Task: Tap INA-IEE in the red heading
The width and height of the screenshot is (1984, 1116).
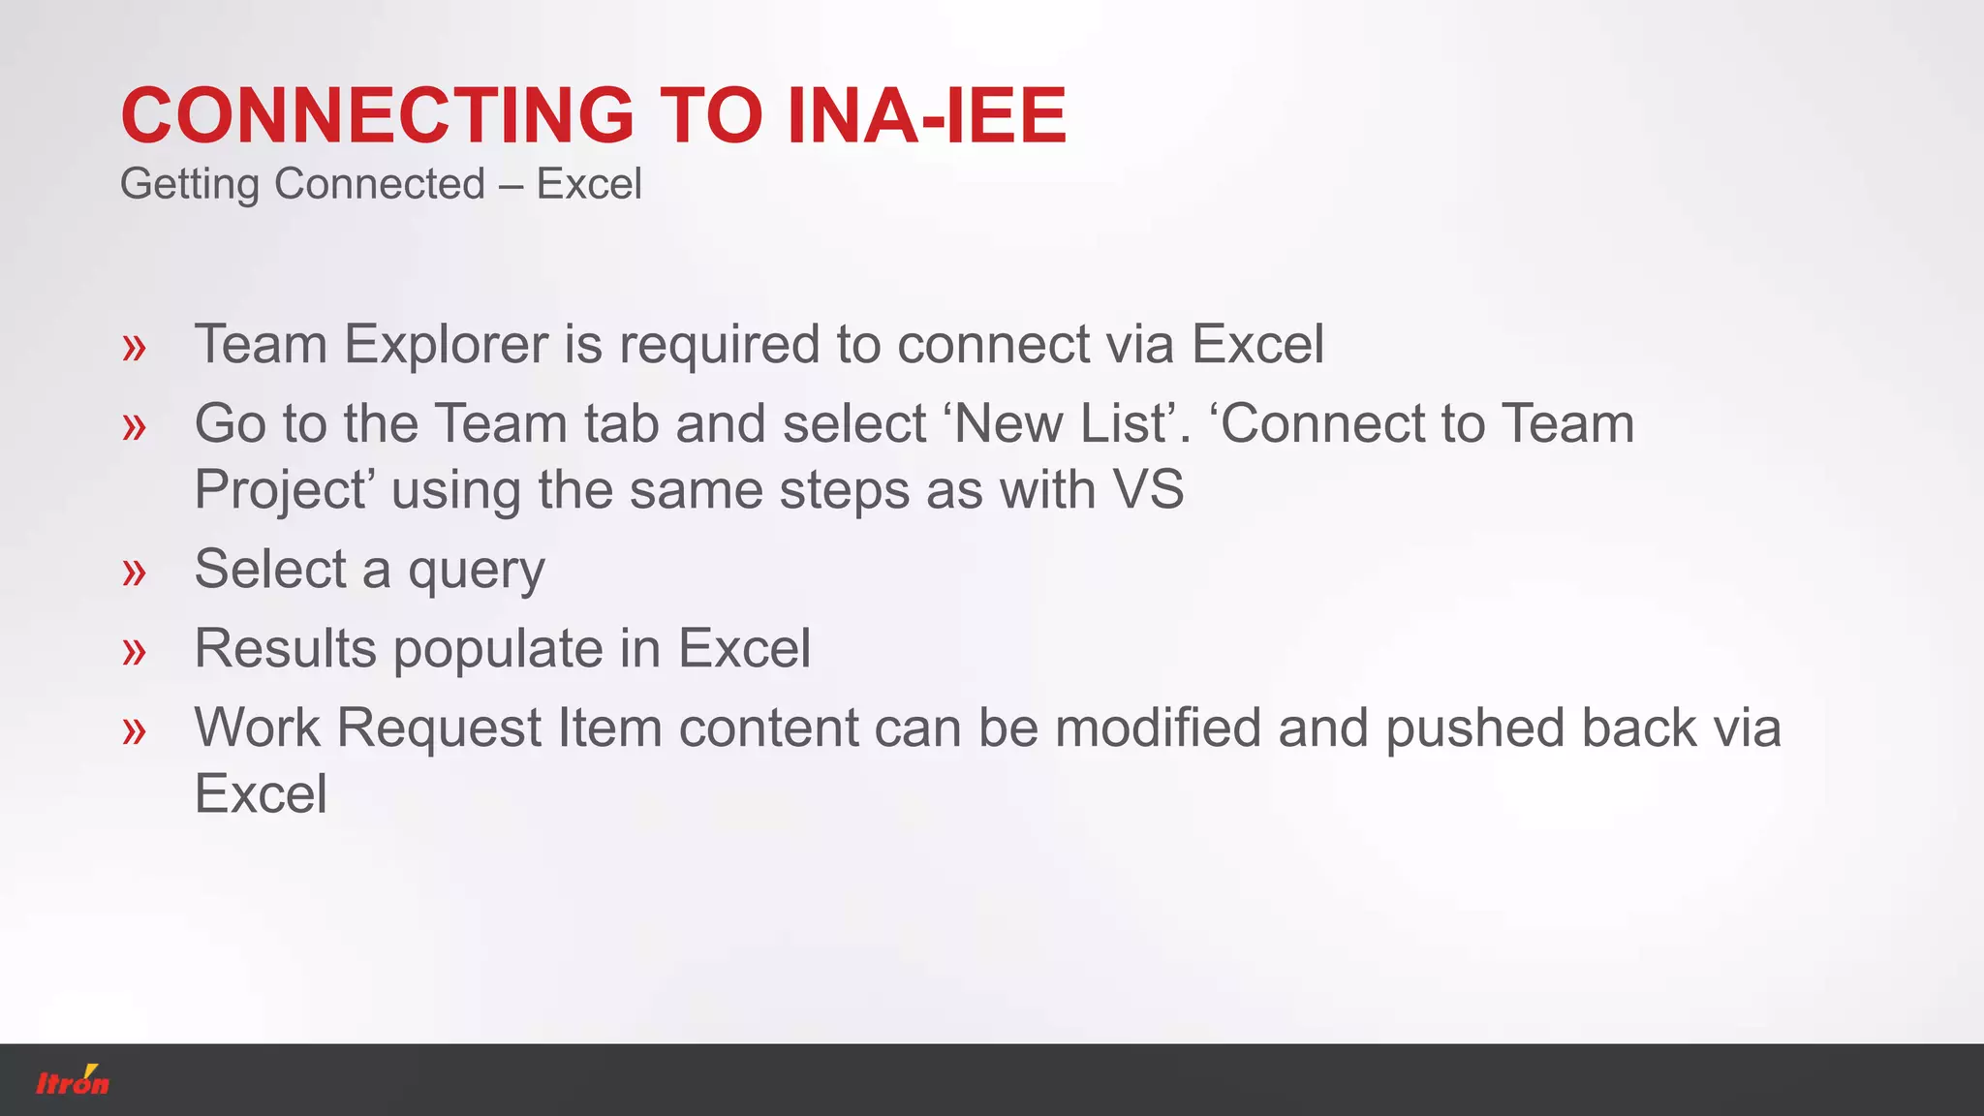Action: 927,116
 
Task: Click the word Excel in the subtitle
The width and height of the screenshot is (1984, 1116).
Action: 589,184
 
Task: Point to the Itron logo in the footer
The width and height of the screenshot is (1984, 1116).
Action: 73,1080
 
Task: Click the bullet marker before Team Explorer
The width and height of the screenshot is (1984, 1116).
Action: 135,347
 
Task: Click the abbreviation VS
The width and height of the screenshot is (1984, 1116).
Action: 1148,490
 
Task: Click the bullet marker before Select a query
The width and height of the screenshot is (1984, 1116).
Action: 135,572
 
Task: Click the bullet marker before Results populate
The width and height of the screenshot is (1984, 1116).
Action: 135,651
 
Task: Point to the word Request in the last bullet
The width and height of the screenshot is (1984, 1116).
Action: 439,728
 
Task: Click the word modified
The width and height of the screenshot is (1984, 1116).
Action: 1158,728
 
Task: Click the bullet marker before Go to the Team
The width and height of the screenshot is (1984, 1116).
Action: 135,426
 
